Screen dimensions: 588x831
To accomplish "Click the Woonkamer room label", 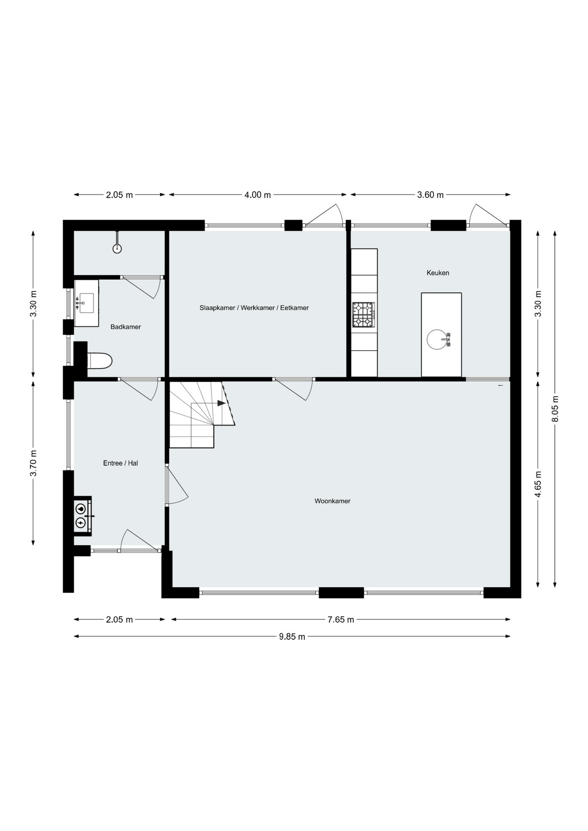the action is (x=332, y=501).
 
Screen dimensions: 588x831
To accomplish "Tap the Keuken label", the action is (x=438, y=273).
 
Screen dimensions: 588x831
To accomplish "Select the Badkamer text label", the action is (x=126, y=327).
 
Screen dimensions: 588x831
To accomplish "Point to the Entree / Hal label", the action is (x=120, y=463).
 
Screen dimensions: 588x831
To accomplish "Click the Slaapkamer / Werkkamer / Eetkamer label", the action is (x=254, y=308).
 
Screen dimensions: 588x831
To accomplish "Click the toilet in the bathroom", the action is (x=100, y=361).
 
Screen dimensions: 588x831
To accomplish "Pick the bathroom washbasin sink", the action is (x=87, y=303).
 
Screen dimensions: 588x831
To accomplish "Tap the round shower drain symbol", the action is (x=117, y=248).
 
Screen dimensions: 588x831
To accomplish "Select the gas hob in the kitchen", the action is (x=363, y=315).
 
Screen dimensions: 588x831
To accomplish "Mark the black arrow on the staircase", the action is (x=221, y=403).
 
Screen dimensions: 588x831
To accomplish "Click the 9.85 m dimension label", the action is (x=292, y=636).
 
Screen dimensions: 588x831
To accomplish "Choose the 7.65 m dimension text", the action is (x=341, y=619).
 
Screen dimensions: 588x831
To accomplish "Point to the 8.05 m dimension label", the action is (x=556, y=409).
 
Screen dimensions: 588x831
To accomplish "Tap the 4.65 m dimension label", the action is (x=538, y=484).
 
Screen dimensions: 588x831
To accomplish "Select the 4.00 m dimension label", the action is (x=258, y=195).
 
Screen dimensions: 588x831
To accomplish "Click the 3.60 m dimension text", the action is (x=430, y=195).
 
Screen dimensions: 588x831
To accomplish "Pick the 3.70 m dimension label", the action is (x=33, y=463).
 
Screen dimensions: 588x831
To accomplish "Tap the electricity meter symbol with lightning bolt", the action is (x=81, y=523).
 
